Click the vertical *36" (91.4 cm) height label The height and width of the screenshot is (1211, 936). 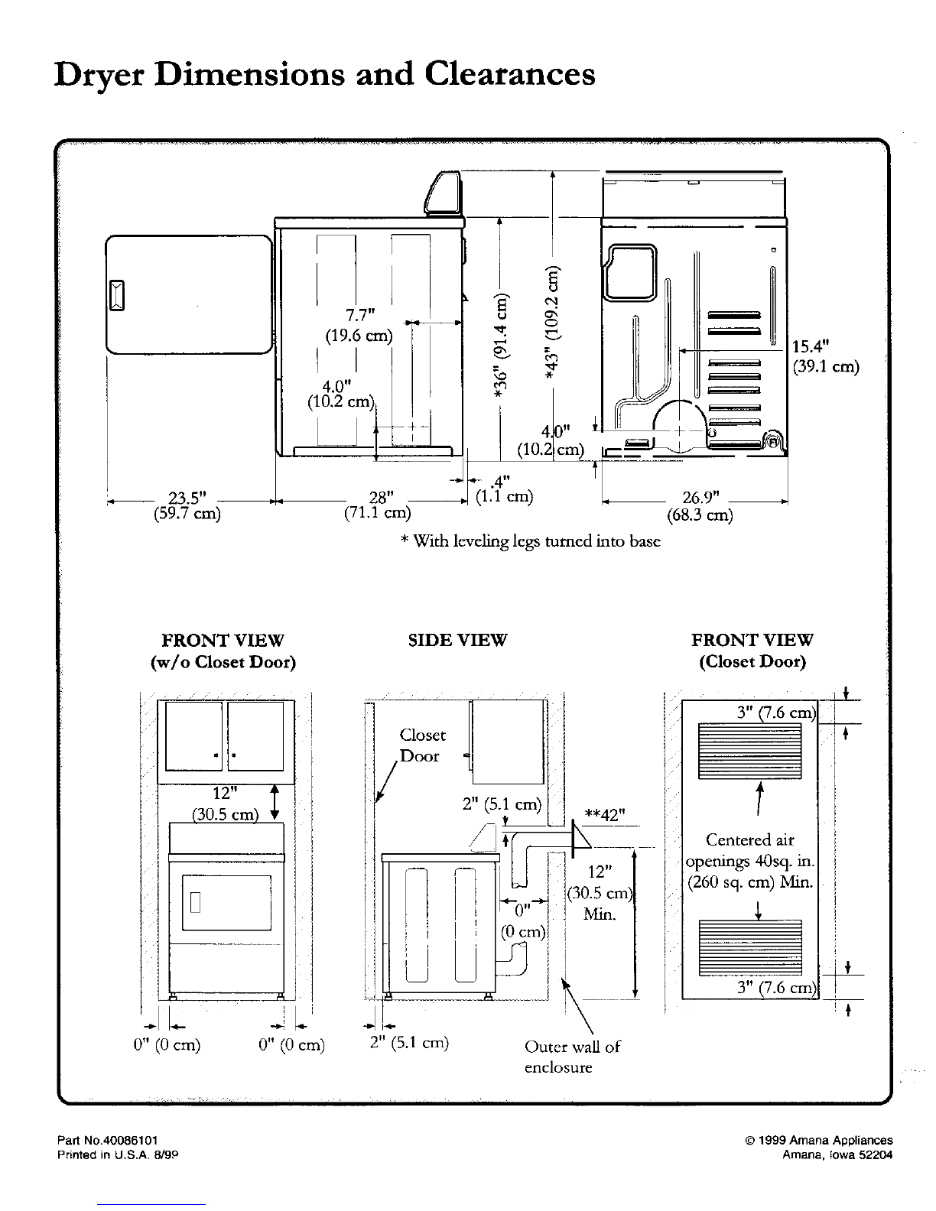(501, 346)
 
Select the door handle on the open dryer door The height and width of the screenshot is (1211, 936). (116, 295)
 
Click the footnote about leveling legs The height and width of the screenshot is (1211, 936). (531, 541)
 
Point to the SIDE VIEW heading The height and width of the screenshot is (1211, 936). (458, 640)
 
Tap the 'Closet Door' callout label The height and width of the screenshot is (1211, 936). (422, 745)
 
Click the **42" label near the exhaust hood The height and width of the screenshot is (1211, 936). (604, 815)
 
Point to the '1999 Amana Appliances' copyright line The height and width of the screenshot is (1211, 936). (819, 1140)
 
